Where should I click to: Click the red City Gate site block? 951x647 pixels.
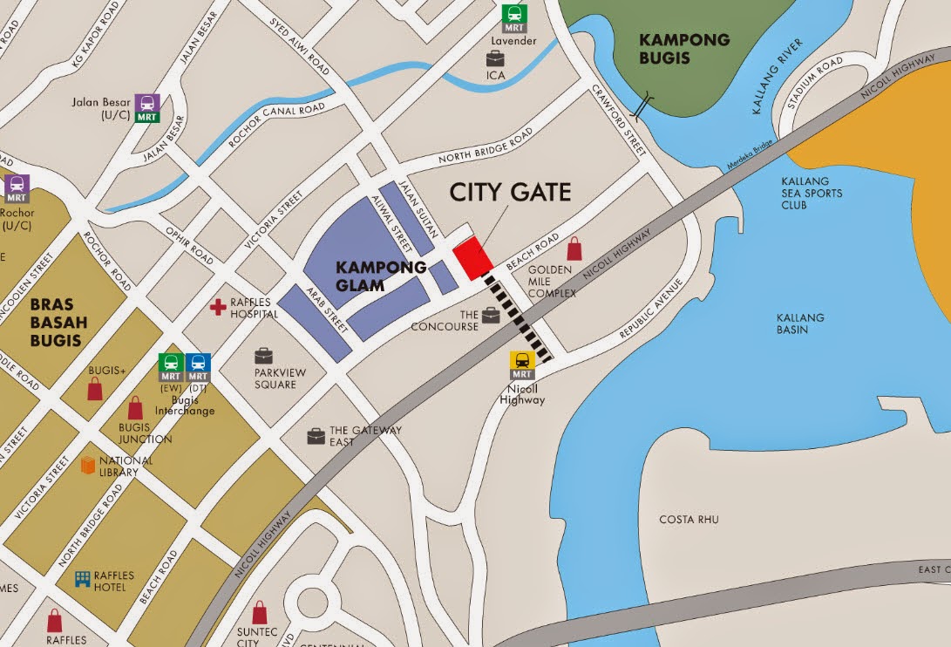click(x=473, y=258)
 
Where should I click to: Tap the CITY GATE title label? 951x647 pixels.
click(x=510, y=192)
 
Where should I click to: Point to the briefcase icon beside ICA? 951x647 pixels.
click(x=495, y=58)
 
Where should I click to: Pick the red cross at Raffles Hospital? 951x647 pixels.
click(x=218, y=308)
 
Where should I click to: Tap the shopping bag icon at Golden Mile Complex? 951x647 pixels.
click(x=574, y=249)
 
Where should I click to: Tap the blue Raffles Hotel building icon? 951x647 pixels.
click(x=83, y=580)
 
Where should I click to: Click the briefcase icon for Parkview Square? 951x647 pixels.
click(x=263, y=356)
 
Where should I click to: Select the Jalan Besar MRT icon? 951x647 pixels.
click(x=146, y=107)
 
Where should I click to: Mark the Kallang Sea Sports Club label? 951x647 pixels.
click(x=812, y=194)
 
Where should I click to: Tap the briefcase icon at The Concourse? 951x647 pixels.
click(x=491, y=315)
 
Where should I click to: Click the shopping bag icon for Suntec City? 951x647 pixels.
click(x=260, y=612)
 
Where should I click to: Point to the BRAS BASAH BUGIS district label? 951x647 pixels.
click(x=56, y=322)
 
